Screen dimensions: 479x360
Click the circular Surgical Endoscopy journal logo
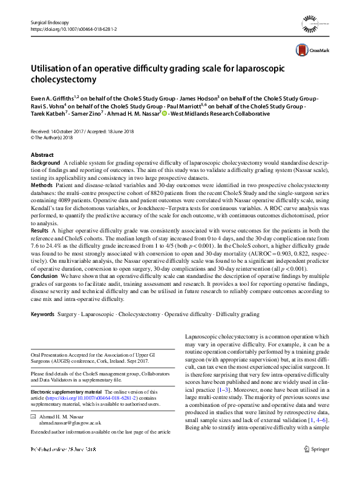tap(312, 27)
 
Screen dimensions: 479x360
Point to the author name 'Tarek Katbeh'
tap(48, 113)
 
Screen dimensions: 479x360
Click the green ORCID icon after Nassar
tap(165, 113)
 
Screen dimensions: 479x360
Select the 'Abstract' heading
tap(42, 155)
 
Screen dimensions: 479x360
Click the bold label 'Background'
tap(45, 164)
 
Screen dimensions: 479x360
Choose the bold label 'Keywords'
tap(42, 314)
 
